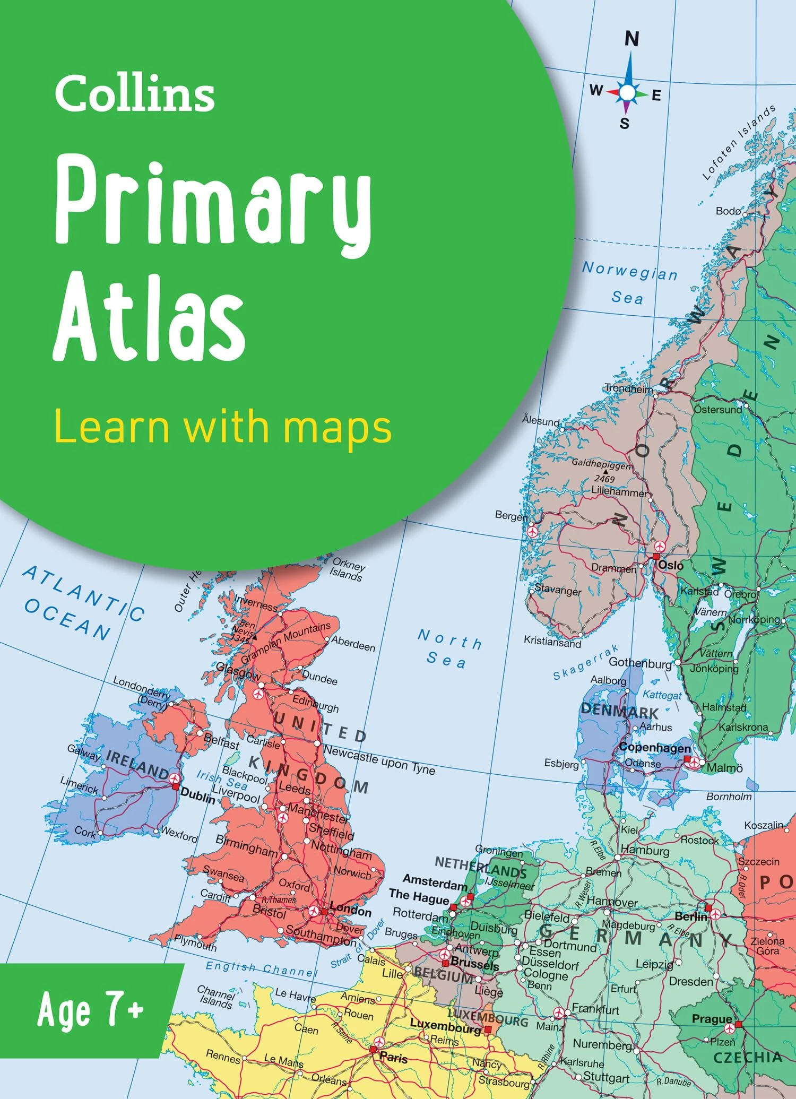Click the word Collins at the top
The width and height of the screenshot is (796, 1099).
click(x=135, y=93)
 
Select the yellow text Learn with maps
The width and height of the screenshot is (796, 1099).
click(x=223, y=427)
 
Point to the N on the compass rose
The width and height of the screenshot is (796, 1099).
click(x=631, y=39)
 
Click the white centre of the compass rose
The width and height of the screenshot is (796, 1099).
click(x=627, y=93)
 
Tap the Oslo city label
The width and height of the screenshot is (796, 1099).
click(x=671, y=566)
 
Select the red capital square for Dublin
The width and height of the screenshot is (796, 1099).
click(x=176, y=786)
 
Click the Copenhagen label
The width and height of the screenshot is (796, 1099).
click(x=655, y=747)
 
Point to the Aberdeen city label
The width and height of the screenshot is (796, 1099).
click(x=353, y=644)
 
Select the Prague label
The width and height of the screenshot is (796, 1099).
click(x=712, y=1018)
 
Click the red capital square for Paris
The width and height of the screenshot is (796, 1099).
click(x=373, y=1050)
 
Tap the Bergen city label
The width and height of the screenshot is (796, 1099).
click(x=511, y=515)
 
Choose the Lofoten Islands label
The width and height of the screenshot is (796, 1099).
click(x=739, y=142)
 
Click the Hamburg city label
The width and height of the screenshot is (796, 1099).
click(x=645, y=850)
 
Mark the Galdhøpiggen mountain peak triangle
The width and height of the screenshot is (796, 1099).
click(x=605, y=471)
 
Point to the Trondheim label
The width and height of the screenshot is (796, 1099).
click(x=629, y=388)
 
